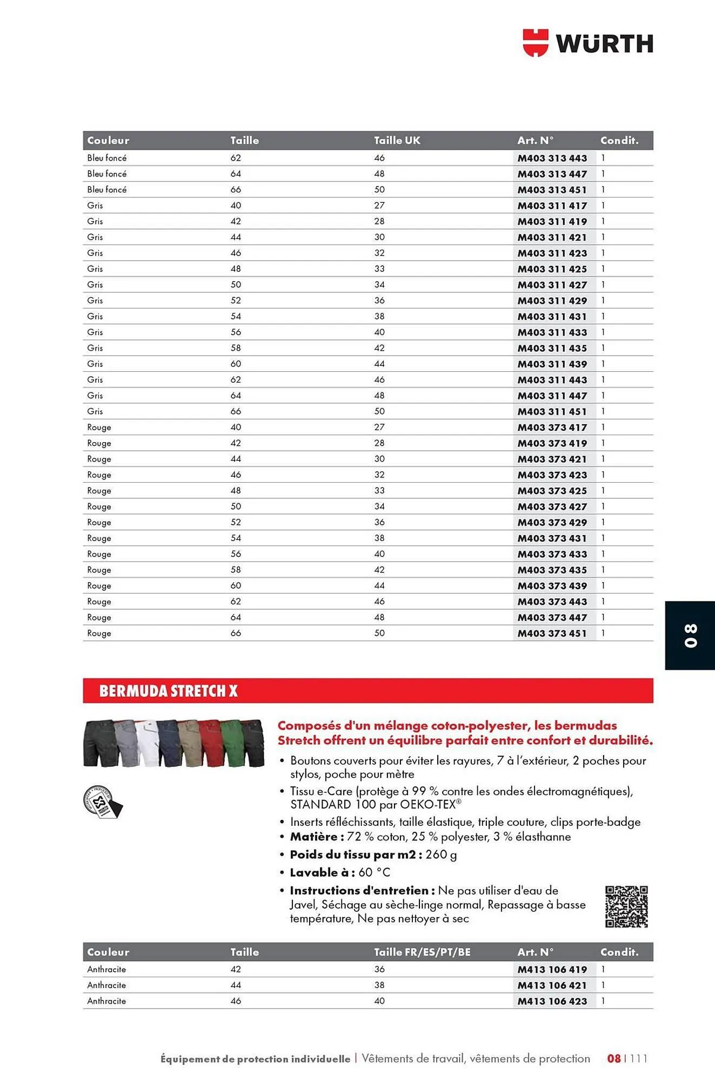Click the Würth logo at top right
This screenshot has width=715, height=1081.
(587, 43)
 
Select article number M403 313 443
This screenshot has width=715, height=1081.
(552, 158)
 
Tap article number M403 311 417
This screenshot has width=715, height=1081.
(552, 206)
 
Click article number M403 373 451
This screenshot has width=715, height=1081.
(552, 633)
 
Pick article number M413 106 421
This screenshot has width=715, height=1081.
(552, 985)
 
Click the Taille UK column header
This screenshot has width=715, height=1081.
(397, 141)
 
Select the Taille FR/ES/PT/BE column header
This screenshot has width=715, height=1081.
(422, 952)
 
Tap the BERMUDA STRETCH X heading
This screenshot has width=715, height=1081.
(168, 691)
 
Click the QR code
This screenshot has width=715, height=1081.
(626, 906)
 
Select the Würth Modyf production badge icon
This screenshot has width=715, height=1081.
(102, 802)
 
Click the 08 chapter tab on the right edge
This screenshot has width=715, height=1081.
(690, 636)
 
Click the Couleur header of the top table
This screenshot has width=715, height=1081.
(108, 141)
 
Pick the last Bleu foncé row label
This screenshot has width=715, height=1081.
(107, 190)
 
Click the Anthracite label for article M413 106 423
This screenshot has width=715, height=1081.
(106, 1001)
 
